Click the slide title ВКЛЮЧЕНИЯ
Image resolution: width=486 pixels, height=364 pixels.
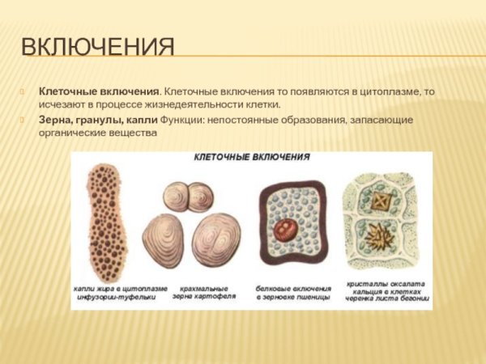97,47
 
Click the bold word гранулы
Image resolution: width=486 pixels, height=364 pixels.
102,120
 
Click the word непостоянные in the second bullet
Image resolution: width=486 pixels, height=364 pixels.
244,120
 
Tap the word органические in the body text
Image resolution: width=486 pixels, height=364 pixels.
72,133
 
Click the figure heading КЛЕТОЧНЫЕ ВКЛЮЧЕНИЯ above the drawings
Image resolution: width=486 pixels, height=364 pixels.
252,159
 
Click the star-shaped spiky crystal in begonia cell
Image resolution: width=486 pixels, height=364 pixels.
378,239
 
